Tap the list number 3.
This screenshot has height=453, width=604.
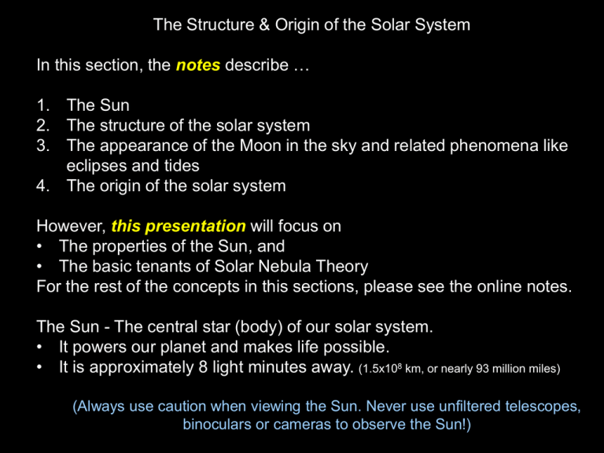click(44, 145)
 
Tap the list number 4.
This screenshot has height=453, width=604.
click(44, 186)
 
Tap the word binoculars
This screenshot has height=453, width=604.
click(219, 427)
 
